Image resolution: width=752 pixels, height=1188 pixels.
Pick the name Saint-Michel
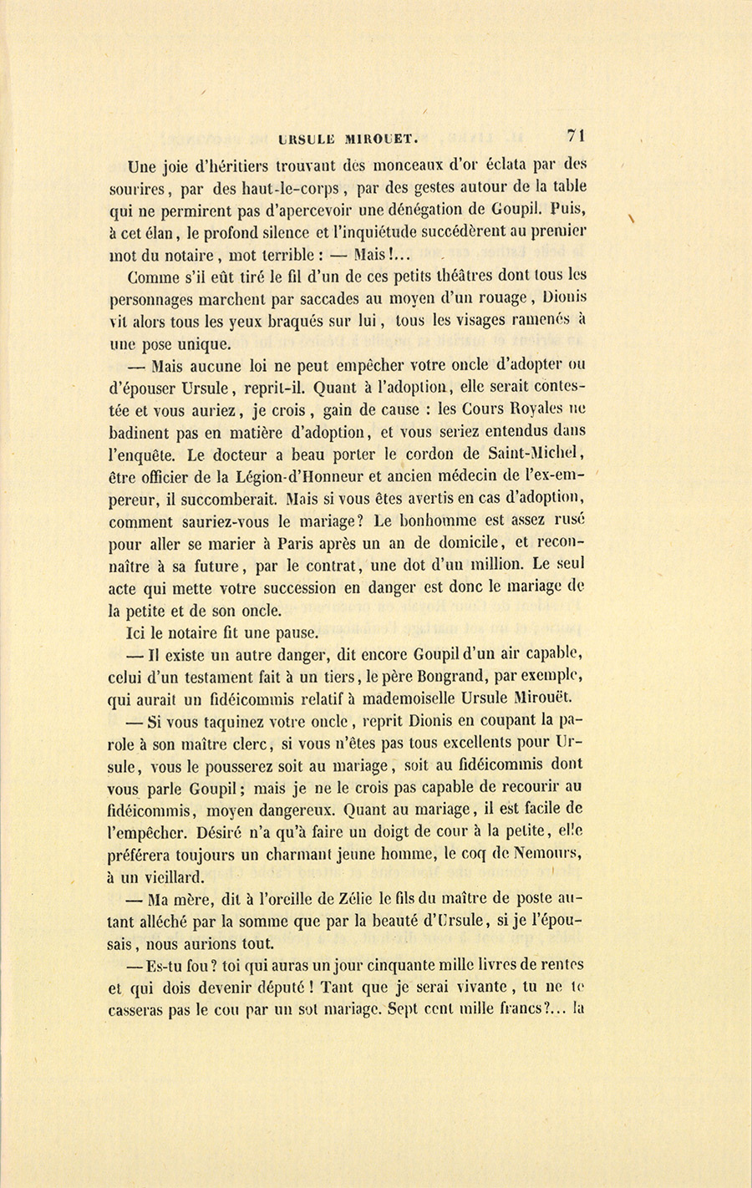pyautogui.click(x=536, y=454)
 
